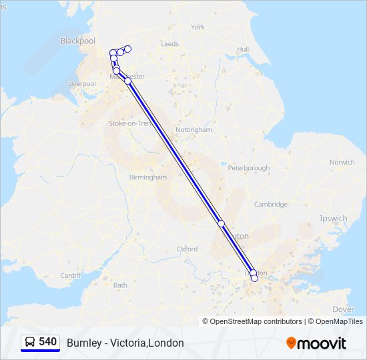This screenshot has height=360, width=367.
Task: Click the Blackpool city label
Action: click(x=78, y=41)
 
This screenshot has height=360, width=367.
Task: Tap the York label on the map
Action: click(x=198, y=27)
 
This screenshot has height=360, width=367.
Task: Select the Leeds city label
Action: click(x=169, y=44)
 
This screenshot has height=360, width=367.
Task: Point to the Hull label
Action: click(x=243, y=49)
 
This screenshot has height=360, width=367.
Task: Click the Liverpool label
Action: click(x=82, y=84)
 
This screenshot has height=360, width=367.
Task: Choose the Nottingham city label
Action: click(x=193, y=130)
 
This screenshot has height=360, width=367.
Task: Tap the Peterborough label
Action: click(x=248, y=168)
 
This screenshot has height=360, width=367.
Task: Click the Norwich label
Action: click(x=342, y=162)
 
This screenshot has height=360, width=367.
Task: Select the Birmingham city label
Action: click(x=148, y=177)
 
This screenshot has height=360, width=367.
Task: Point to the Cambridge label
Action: click(x=270, y=205)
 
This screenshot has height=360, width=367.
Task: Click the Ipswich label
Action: click(x=334, y=218)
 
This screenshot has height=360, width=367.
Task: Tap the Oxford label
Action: click(x=187, y=249)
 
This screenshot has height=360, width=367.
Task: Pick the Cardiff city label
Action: click(x=70, y=275)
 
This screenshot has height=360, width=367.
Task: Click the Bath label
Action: click(x=120, y=285)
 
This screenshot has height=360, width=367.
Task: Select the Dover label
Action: click(x=343, y=309)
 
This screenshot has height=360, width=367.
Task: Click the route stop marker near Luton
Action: click(x=222, y=224)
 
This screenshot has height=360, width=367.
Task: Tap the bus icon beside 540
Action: click(x=30, y=342)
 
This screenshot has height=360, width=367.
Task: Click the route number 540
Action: click(x=47, y=342)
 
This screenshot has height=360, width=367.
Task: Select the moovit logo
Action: click(x=316, y=343)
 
